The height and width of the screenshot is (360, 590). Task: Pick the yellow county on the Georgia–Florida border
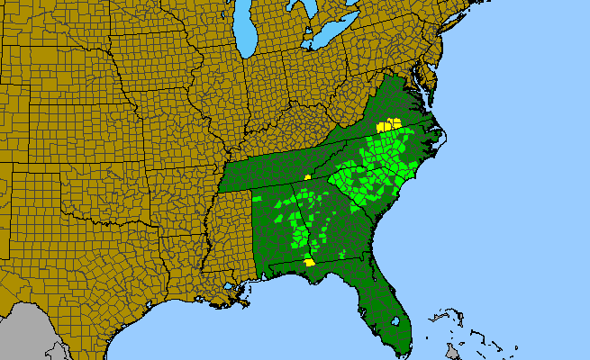[309, 263]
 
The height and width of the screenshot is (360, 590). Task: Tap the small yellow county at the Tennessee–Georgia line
[307, 177]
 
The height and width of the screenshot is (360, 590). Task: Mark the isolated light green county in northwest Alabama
[257, 198]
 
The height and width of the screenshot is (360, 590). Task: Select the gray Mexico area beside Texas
[23, 333]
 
